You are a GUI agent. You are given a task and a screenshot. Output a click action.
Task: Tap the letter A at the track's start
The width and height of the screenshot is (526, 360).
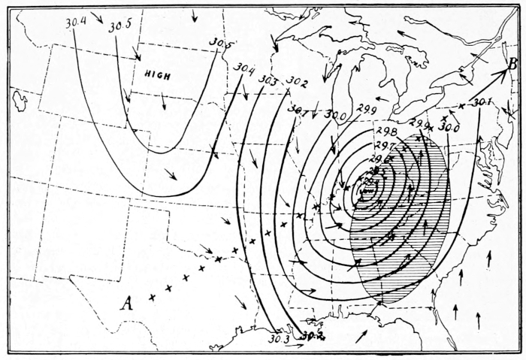(x=128, y=304)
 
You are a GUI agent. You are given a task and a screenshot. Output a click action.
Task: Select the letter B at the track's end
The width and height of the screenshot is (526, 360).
(x=511, y=65)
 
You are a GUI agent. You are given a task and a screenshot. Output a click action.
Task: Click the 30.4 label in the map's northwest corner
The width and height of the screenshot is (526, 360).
(x=75, y=23)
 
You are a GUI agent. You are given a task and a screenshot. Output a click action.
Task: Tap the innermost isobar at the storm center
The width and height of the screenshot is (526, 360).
(x=367, y=189)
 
